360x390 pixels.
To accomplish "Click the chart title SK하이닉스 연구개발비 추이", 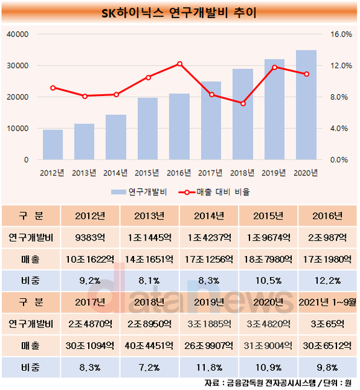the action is click(x=179, y=12).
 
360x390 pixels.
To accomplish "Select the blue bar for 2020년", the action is click(x=306, y=105).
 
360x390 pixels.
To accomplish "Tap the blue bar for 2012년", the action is click(x=53, y=144).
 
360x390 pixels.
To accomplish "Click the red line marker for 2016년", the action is click(x=180, y=64).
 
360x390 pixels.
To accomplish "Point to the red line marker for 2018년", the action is click(x=243, y=104).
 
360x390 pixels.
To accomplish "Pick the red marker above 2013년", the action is click(x=85, y=96).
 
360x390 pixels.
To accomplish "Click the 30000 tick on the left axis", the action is click(x=17, y=66).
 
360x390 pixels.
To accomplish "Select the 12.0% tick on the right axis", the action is click(x=341, y=66).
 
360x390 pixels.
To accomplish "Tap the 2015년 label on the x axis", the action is click(x=147, y=173).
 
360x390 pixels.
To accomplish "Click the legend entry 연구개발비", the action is click(x=139, y=192).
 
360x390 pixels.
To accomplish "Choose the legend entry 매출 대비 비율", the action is click(x=214, y=192).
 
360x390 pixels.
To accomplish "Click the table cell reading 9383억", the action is click(x=90, y=237).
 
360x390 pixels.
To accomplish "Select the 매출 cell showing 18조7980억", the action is click(x=268, y=259).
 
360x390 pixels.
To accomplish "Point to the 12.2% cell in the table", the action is click(x=327, y=281).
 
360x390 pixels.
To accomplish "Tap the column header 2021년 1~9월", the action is click(x=327, y=303).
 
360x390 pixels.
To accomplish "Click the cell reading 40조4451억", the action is click(x=149, y=346).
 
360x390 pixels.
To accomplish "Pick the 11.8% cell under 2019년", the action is click(x=209, y=367).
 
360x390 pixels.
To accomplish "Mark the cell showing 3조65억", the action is click(x=327, y=324).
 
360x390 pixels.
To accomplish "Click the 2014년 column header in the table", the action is click(x=209, y=216).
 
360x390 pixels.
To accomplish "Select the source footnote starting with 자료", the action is click(x=278, y=383).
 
